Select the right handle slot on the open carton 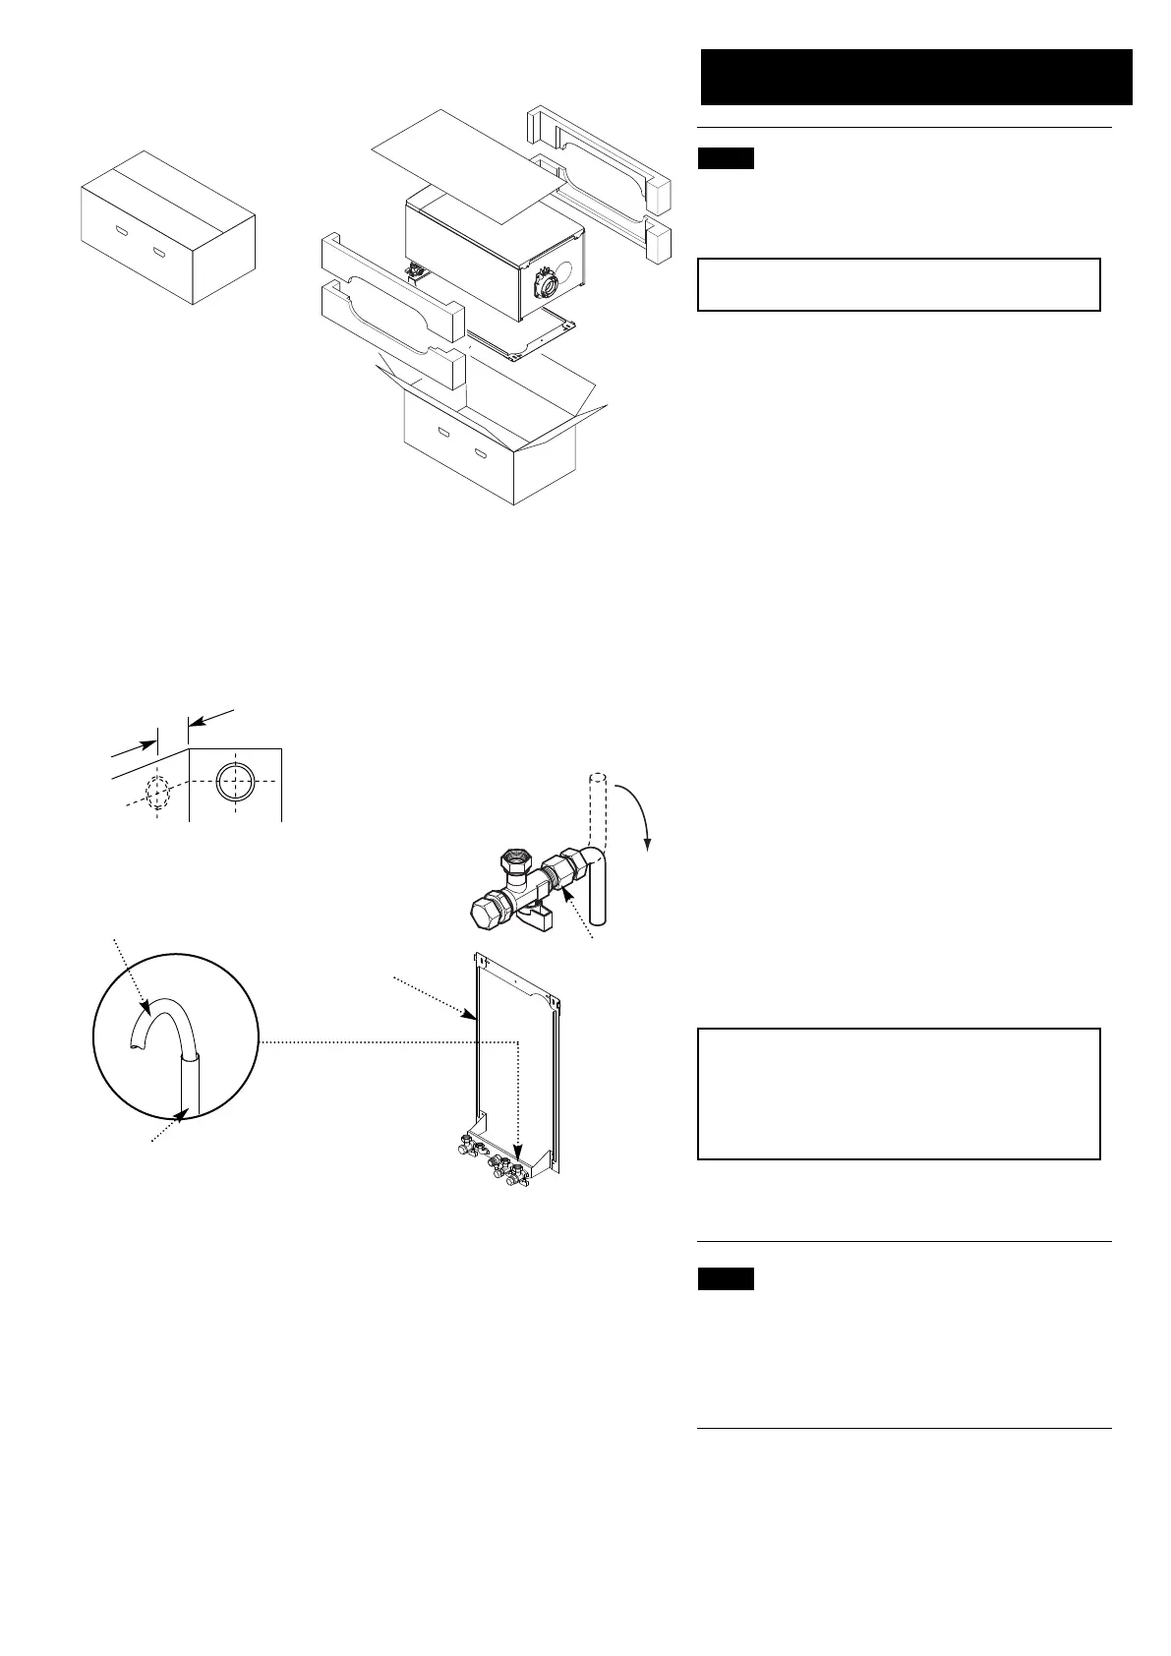482,454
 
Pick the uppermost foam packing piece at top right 600,147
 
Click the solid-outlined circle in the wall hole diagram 236,784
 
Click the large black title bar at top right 916,77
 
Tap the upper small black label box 726,158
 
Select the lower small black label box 726,1278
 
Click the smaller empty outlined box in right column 898,284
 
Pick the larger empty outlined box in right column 898,1094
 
